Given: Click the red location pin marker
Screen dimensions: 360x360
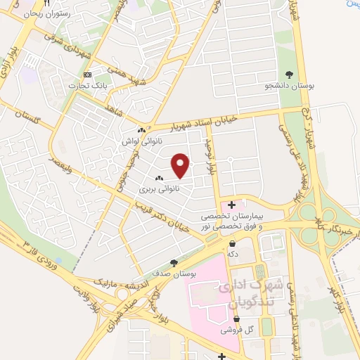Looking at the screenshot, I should click(181, 166).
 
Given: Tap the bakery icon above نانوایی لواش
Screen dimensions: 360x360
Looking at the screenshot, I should click(142, 130).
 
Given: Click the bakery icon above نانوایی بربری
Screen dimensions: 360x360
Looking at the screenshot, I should click(160, 179).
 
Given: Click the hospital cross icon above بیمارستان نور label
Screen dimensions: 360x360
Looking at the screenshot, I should click(232, 205).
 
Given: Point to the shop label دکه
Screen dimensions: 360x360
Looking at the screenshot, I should click(232, 255).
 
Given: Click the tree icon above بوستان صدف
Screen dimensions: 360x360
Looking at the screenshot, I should click(174, 262).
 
